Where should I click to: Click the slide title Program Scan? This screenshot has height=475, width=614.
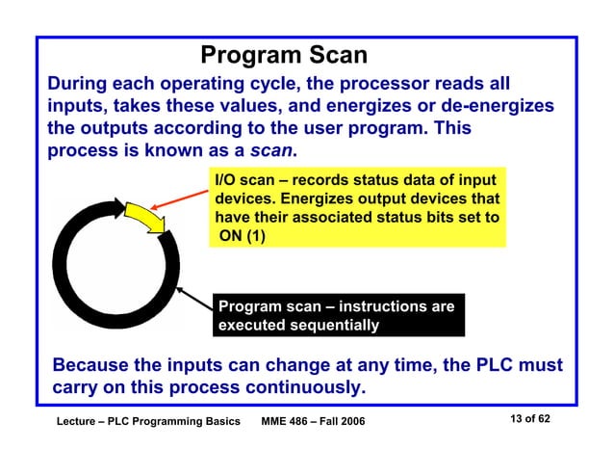(x=284, y=55)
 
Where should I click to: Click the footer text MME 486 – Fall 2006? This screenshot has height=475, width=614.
(x=314, y=423)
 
